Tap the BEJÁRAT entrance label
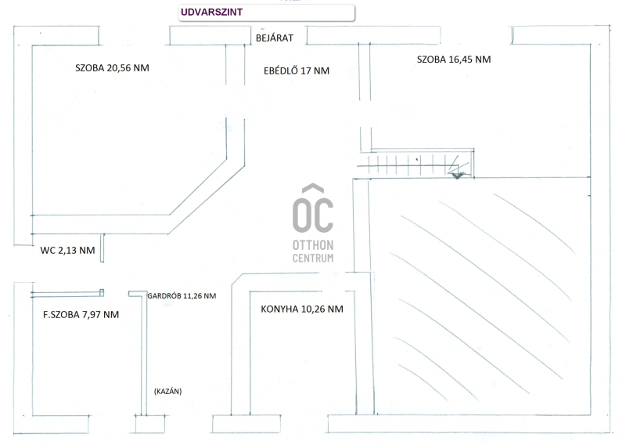coord(274,38)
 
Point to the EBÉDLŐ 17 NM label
coord(297,71)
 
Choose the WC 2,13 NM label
coord(68,251)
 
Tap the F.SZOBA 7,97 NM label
coord(81,315)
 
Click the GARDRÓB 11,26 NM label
coord(182,297)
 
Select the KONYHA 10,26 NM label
coord(301,309)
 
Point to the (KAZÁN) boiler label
coord(167,391)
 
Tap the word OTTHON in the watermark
coord(313,245)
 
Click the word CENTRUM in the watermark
coord(313,258)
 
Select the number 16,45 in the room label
coord(460,59)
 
